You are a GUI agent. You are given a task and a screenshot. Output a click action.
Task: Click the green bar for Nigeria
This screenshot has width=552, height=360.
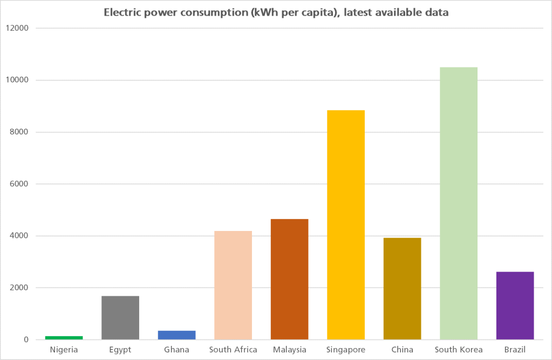pyautogui.click(x=64, y=337)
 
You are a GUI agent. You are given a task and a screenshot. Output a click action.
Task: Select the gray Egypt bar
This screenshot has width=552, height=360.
pyautogui.click(x=120, y=317)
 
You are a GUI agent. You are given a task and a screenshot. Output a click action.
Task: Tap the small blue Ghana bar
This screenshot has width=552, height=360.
pyautogui.click(x=176, y=335)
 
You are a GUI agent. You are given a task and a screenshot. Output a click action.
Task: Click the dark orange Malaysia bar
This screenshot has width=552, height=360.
pyautogui.click(x=290, y=279)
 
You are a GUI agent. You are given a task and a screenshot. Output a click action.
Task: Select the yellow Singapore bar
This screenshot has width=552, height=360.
pyautogui.click(x=346, y=225)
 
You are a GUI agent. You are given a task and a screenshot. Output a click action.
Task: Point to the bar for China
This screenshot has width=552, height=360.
pyautogui.click(x=403, y=288)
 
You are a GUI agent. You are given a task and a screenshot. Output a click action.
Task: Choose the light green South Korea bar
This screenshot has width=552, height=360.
pyautogui.click(x=459, y=203)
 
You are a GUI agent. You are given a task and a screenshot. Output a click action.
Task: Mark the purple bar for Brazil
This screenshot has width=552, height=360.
pyautogui.click(x=515, y=305)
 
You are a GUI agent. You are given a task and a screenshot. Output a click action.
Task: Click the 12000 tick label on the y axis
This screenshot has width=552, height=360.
pyautogui.click(x=17, y=28)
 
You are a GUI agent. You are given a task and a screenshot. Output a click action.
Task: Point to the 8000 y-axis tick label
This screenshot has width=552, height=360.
pyautogui.click(x=19, y=132)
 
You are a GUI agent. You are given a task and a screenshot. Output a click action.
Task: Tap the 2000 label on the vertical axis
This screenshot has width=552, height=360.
pyautogui.click(x=19, y=288)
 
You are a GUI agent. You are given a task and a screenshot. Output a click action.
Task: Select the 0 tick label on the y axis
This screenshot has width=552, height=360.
pyautogui.click(x=26, y=340)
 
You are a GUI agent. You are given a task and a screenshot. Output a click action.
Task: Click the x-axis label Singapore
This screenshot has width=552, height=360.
pyautogui.click(x=346, y=350)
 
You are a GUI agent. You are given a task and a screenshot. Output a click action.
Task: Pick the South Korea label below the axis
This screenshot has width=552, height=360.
pyautogui.click(x=459, y=350)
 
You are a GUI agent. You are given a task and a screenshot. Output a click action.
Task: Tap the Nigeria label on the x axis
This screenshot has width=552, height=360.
pyautogui.click(x=64, y=350)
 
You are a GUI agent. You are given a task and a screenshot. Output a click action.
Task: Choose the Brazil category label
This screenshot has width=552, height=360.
pyautogui.click(x=515, y=350)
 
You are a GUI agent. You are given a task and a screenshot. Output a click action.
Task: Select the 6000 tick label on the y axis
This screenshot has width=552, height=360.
pyautogui.click(x=19, y=184)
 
